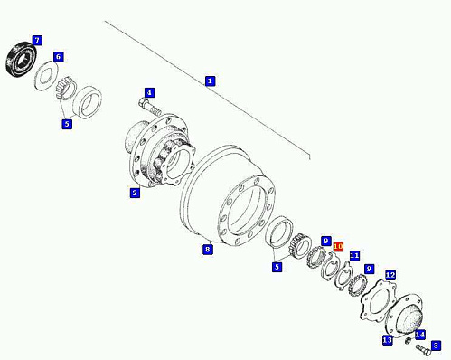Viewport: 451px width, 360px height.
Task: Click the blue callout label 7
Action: [37, 40]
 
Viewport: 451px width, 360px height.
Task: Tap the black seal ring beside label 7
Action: [22, 61]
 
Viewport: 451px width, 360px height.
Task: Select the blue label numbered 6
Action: [59, 57]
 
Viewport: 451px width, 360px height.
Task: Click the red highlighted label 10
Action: [338, 246]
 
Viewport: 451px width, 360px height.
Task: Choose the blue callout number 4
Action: [149, 93]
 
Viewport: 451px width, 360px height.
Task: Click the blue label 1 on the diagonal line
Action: [210, 81]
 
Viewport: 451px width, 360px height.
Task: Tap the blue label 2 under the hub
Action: [135, 193]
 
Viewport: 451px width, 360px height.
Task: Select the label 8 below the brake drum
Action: [207, 250]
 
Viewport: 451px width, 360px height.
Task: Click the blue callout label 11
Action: [354, 256]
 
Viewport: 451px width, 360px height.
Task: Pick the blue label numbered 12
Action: [390, 275]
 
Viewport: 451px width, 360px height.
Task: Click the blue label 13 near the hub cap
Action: [388, 340]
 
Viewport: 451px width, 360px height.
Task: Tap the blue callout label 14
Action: [420, 335]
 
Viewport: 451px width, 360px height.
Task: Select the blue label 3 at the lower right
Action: [436, 346]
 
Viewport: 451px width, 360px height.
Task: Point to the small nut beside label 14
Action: [409, 341]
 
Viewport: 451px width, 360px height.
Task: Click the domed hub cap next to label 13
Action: [405, 315]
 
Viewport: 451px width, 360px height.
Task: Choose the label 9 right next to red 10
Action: [325, 241]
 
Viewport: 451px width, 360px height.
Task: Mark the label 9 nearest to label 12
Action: [369, 269]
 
